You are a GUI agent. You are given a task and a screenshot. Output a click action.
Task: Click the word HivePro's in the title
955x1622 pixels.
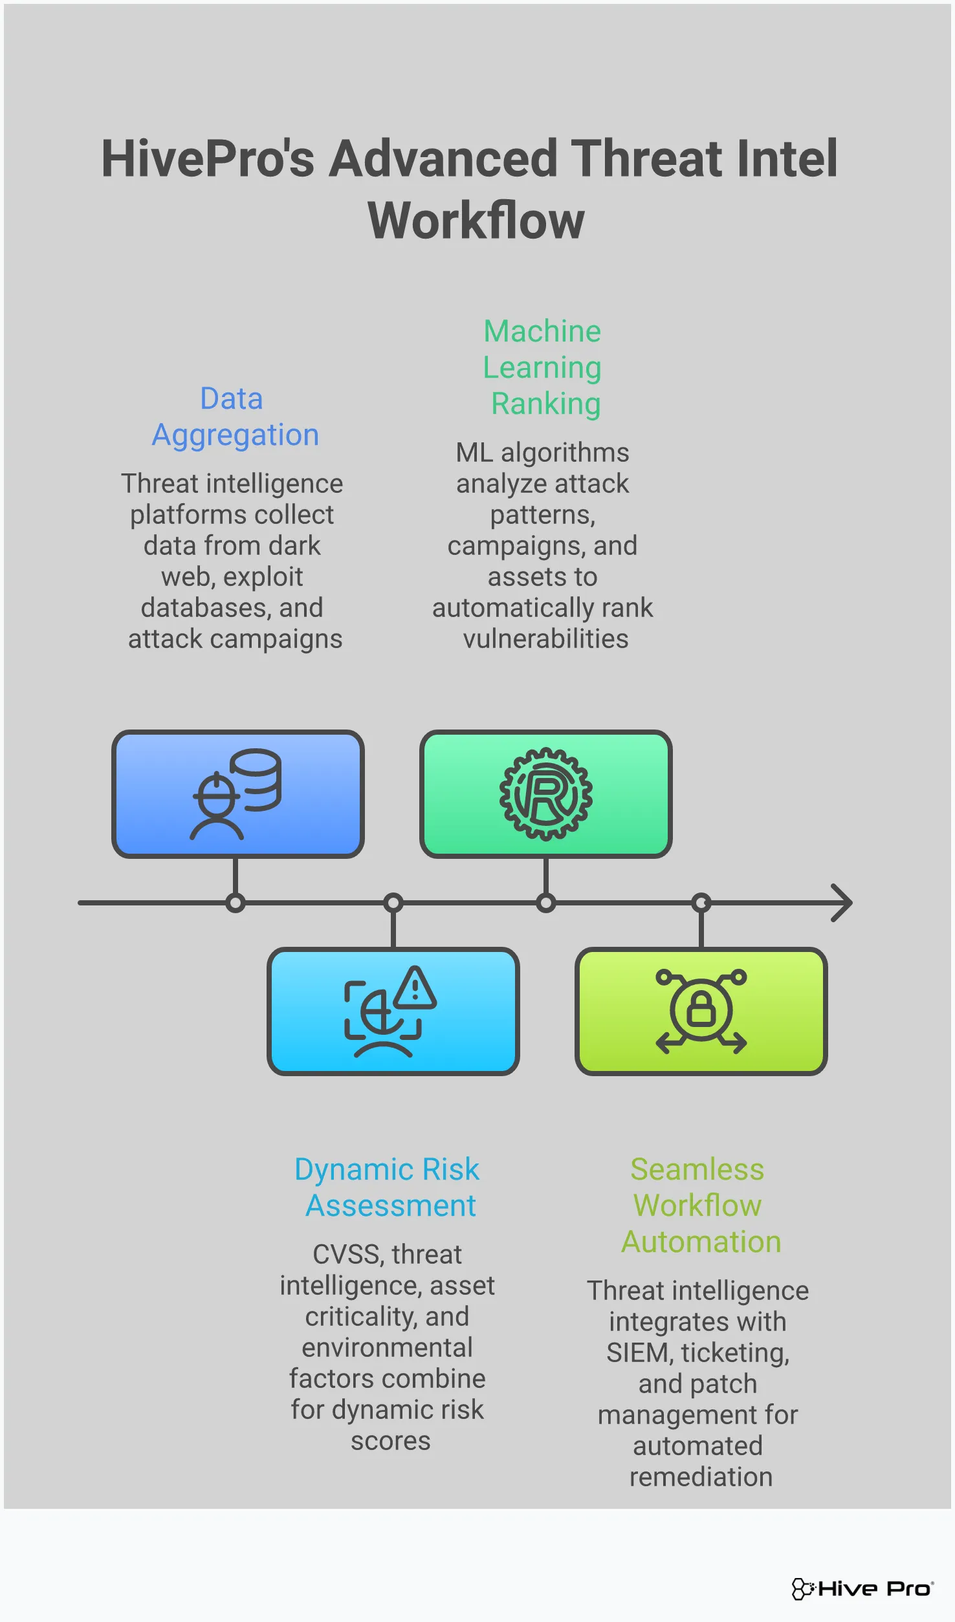(x=207, y=159)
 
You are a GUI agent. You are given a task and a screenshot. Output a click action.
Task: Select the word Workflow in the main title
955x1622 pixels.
(x=476, y=221)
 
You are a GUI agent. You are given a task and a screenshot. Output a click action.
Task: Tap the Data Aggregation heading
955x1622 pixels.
(x=234, y=416)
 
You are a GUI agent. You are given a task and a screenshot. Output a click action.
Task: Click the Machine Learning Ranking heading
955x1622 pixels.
(x=542, y=367)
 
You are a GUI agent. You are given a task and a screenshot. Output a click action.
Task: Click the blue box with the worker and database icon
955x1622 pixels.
(x=237, y=794)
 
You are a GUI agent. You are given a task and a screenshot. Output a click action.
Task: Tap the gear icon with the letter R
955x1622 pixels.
(x=545, y=794)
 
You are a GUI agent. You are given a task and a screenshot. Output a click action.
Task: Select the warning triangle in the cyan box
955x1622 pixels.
(x=415, y=988)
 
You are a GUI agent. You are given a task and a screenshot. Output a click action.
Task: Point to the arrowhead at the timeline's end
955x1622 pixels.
(x=842, y=903)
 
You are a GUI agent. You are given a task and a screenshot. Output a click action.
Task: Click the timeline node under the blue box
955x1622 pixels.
(x=236, y=903)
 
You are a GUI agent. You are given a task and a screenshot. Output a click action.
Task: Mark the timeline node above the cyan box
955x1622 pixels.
(x=393, y=903)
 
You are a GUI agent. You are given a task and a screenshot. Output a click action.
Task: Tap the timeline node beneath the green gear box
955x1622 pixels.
(x=546, y=903)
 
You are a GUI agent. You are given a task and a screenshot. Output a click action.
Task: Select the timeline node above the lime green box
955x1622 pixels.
(x=701, y=903)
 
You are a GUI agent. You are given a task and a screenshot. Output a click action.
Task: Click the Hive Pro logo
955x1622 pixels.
(x=862, y=1588)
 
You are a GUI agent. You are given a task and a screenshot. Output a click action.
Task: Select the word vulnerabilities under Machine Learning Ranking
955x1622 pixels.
(x=545, y=639)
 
